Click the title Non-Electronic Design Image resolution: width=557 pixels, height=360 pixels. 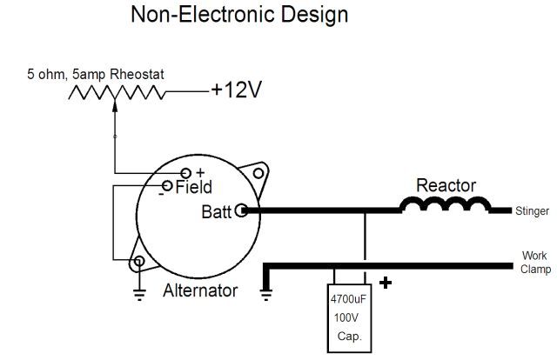point(238,15)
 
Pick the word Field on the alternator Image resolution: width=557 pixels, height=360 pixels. point(193,187)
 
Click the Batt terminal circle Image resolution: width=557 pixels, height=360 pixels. point(240,210)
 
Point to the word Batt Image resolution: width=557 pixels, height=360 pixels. point(217,210)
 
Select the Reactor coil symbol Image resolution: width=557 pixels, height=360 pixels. point(445,206)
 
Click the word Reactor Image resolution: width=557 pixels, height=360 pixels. point(446,185)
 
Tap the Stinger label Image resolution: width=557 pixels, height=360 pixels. point(532,210)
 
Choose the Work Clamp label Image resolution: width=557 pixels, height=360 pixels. point(534,263)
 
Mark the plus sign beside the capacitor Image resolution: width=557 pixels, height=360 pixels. point(386,283)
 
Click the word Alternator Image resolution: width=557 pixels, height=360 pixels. point(200,291)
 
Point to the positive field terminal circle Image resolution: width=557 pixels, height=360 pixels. point(185,173)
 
